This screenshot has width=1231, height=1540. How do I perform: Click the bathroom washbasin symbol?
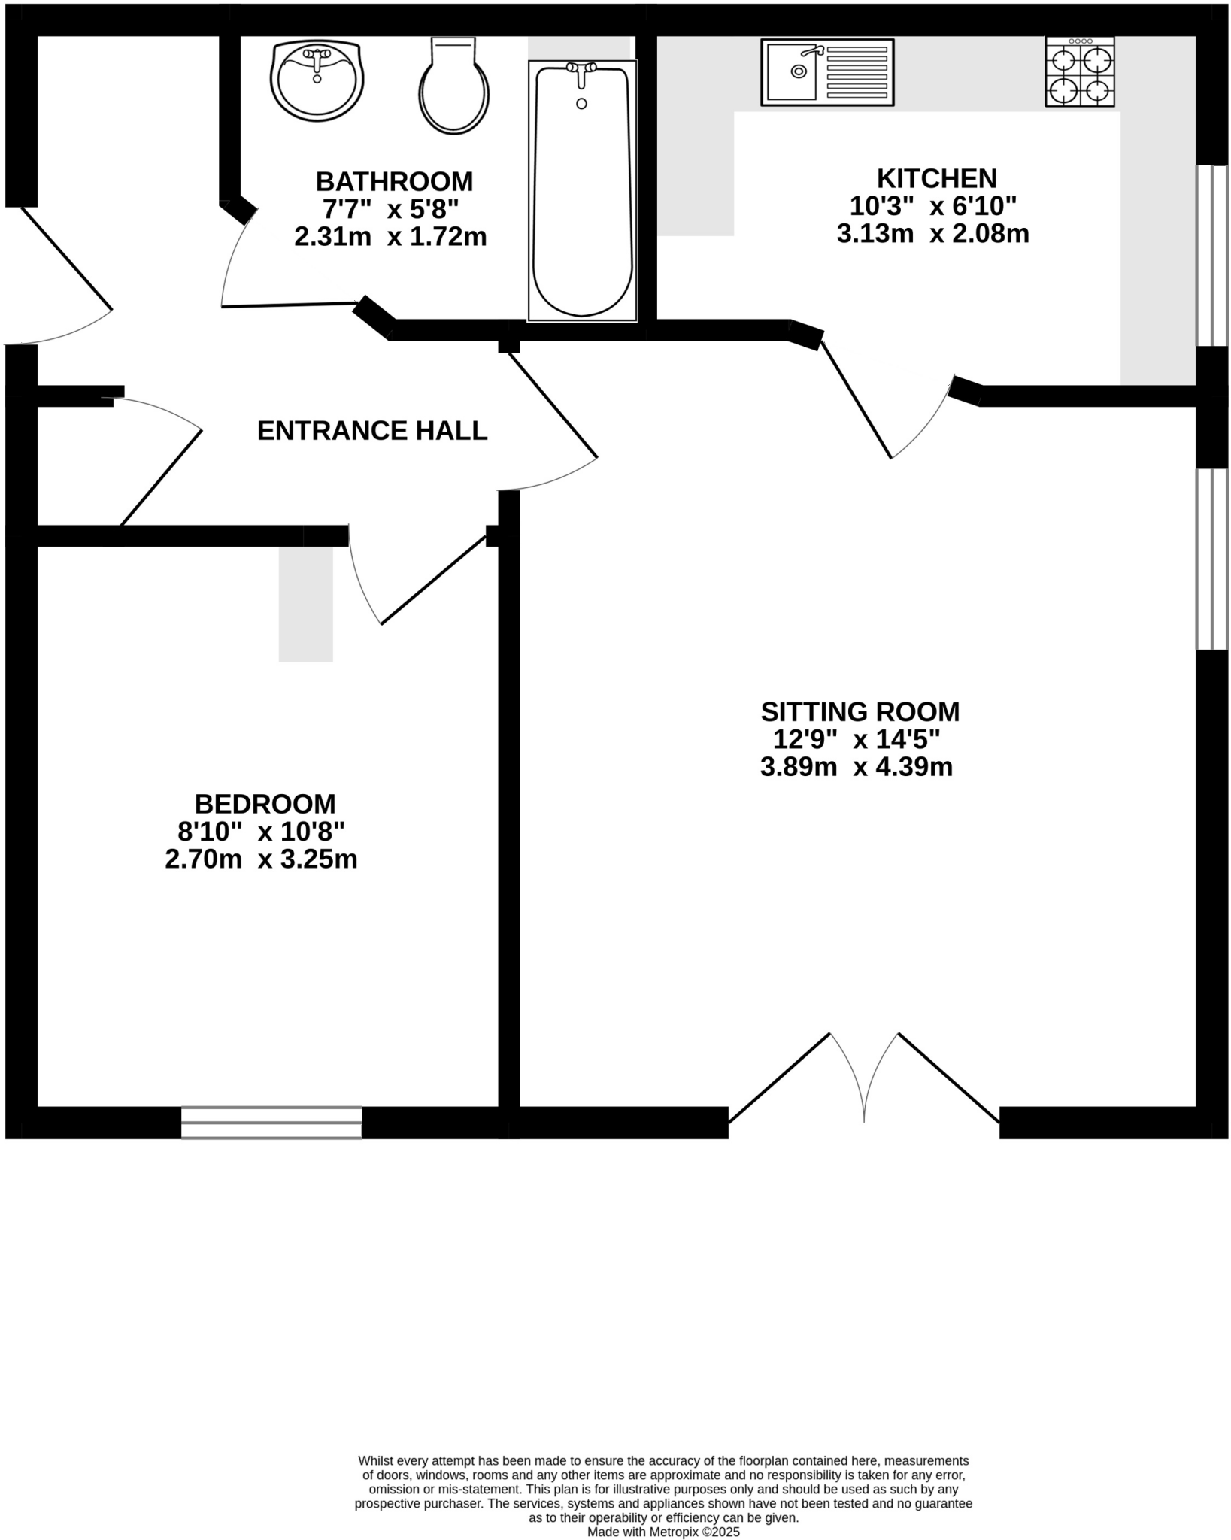317,80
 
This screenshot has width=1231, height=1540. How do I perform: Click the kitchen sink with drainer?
827,71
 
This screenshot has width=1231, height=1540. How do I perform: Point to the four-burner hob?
1079,71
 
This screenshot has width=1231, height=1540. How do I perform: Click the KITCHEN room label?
936,178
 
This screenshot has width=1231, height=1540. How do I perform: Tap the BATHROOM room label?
394,181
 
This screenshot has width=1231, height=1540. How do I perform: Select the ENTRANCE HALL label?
372,431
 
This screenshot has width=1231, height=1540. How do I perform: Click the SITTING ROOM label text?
860,711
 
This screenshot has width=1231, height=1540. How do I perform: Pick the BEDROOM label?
265,804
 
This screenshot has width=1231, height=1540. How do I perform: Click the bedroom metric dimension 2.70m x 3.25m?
261,859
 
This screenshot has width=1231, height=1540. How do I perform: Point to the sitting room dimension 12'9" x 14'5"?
857,739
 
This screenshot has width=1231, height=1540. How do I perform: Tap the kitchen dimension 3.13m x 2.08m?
932,234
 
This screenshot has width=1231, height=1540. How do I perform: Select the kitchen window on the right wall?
1211,256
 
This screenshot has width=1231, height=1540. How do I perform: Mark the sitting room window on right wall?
1211,559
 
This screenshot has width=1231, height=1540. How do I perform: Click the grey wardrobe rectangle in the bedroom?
306,604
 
